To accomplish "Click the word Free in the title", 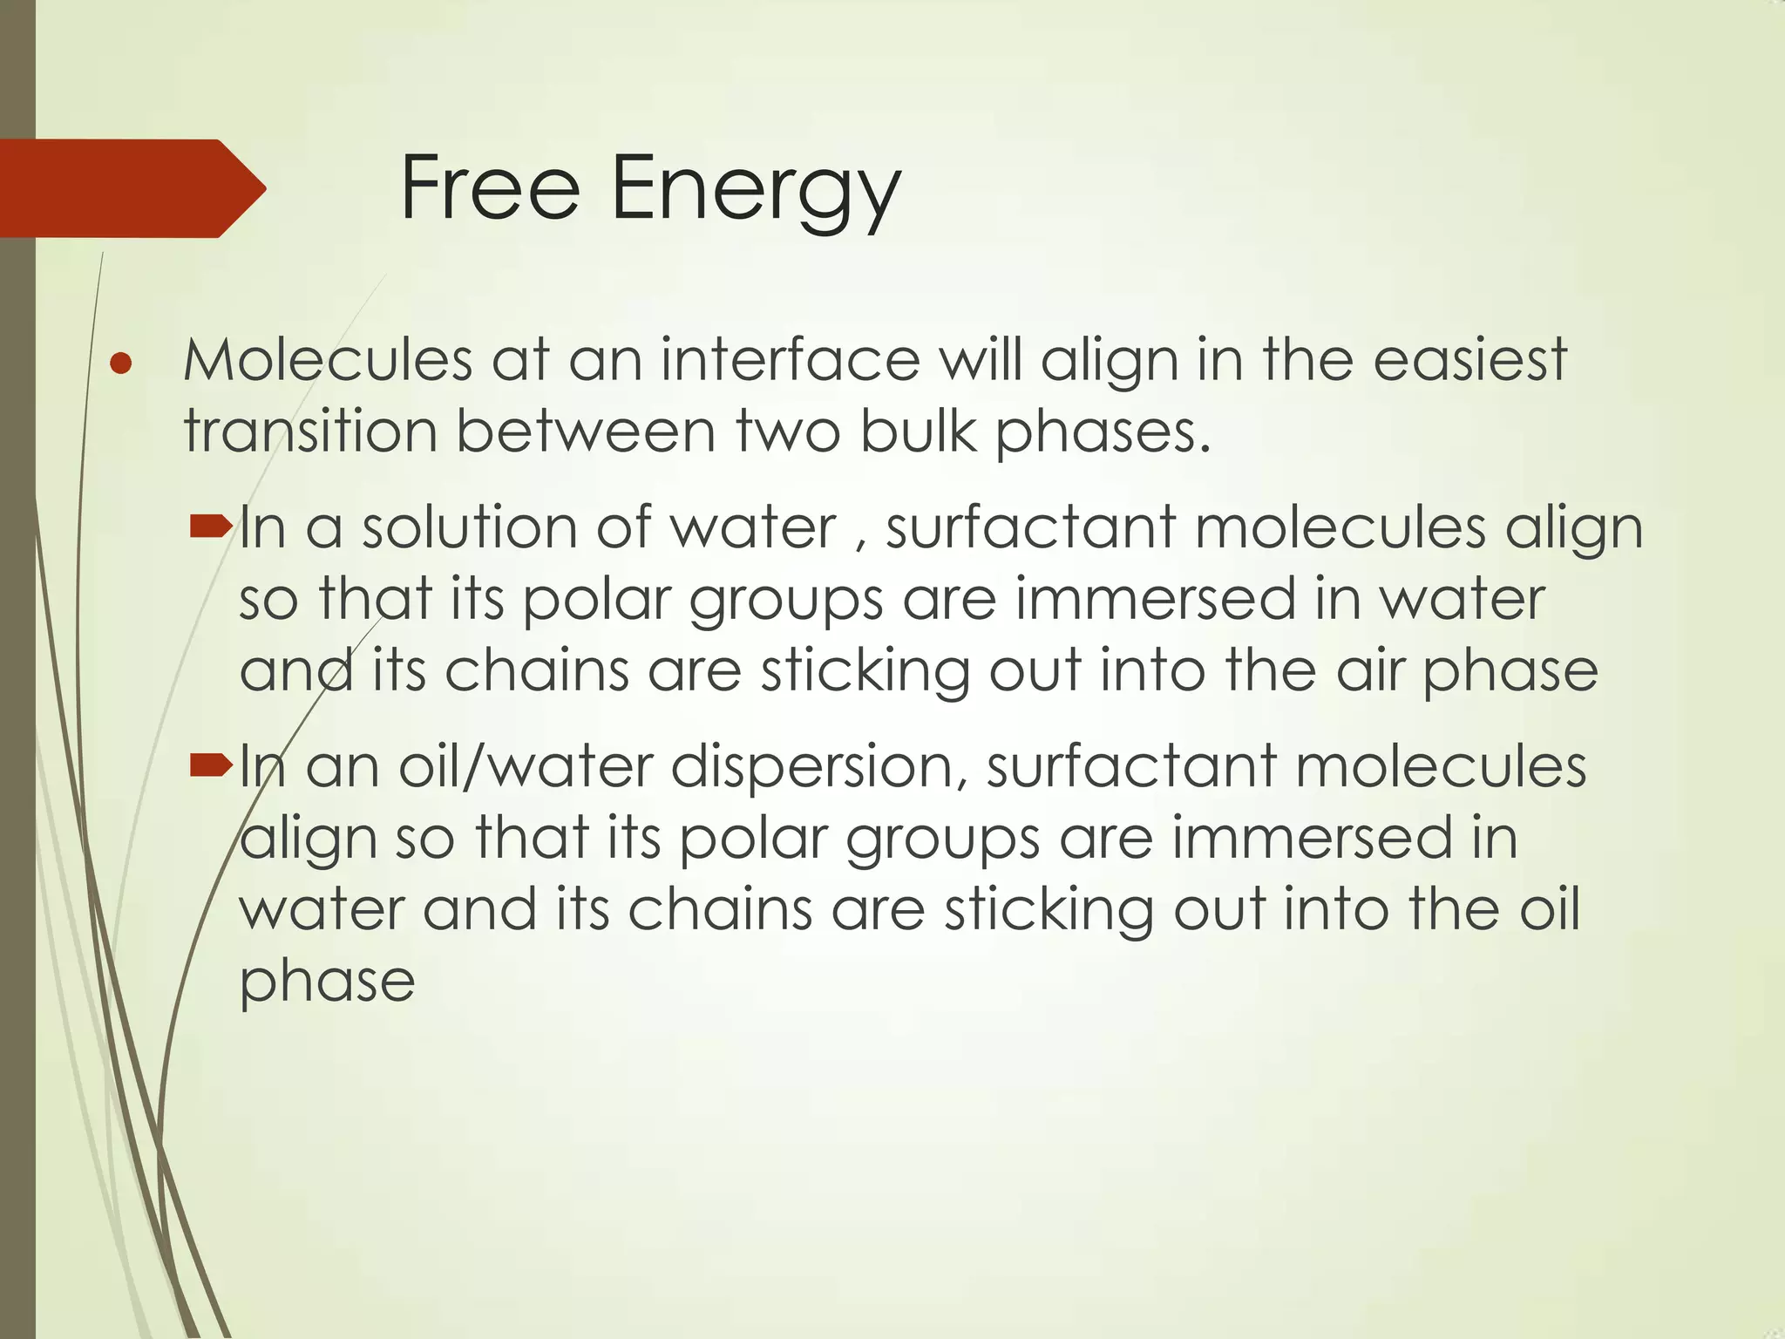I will [x=490, y=188].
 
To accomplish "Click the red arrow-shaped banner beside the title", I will [x=131, y=188].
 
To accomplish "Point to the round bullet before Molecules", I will [x=121, y=364].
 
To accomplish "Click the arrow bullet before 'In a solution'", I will [x=210, y=526].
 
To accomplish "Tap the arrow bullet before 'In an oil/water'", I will [x=210, y=765].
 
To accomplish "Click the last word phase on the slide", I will [x=327, y=983].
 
